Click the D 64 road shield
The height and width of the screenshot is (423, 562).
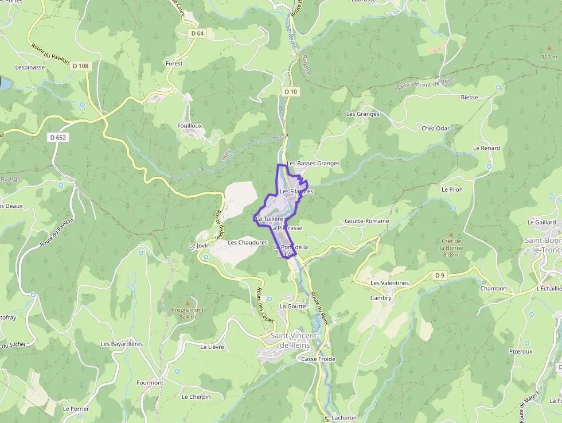[x=197, y=33]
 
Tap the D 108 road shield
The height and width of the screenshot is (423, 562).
[x=81, y=66]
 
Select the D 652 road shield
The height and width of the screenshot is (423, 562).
[x=58, y=137]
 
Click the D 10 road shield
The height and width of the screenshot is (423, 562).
[x=291, y=92]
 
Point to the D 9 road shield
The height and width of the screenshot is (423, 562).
[x=440, y=276]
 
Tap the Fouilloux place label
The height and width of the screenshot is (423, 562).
[x=190, y=125]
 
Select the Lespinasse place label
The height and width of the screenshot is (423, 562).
[x=30, y=67]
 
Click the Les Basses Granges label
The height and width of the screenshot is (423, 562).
[x=314, y=164]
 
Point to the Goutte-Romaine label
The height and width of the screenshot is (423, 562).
[x=367, y=221]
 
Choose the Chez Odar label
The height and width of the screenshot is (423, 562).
[x=436, y=129]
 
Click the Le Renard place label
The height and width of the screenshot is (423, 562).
[x=486, y=148]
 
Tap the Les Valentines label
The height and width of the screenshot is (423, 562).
[x=389, y=283]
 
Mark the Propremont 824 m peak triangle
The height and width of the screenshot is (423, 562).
[x=187, y=302]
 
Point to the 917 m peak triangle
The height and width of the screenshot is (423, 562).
[x=549, y=49]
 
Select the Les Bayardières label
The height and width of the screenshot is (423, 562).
[x=122, y=344]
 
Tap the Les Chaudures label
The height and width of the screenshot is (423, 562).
[x=248, y=243]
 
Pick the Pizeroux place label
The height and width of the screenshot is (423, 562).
[x=521, y=351]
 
